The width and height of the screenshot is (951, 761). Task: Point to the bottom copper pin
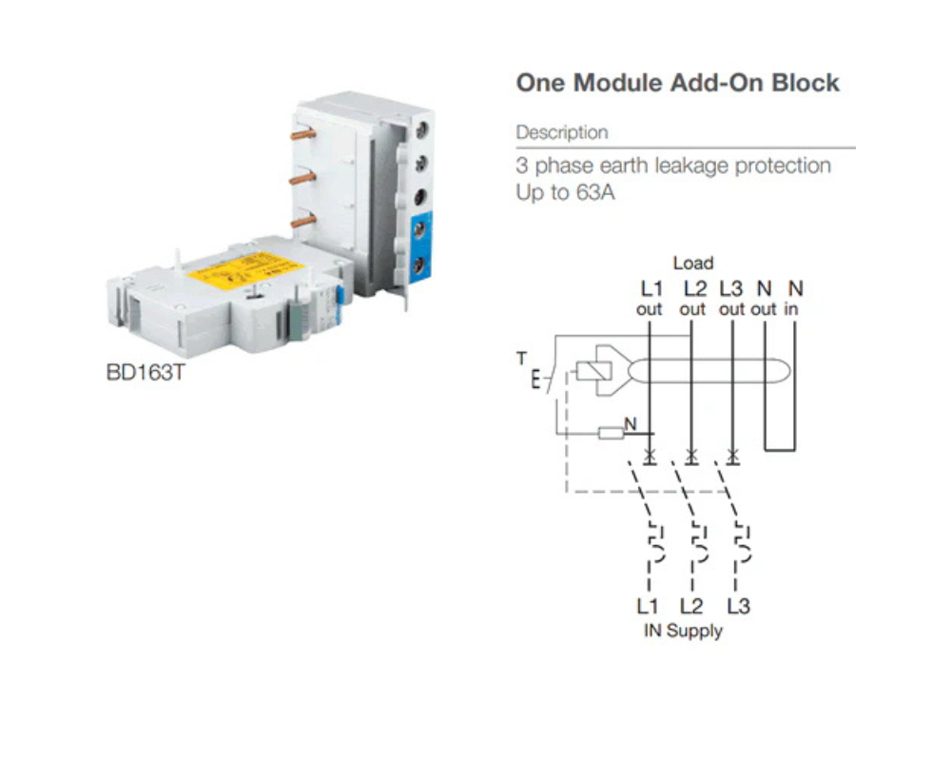pyautogui.click(x=302, y=221)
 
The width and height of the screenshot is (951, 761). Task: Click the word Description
pyautogui.click(x=562, y=132)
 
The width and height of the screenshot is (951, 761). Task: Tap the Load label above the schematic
pyautogui.click(x=692, y=263)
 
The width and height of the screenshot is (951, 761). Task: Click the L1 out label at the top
pyautogui.click(x=649, y=298)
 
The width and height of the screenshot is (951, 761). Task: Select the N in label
pyautogui.click(x=794, y=298)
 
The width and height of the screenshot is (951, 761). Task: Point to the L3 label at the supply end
pyautogui.click(x=738, y=606)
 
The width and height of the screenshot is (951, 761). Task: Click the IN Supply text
pyautogui.click(x=683, y=631)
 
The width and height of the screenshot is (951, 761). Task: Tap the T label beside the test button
pyautogui.click(x=520, y=359)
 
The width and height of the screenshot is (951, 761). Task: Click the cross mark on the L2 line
pyautogui.click(x=691, y=458)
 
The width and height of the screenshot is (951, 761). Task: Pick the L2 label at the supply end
pyautogui.click(x=692, y=606)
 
